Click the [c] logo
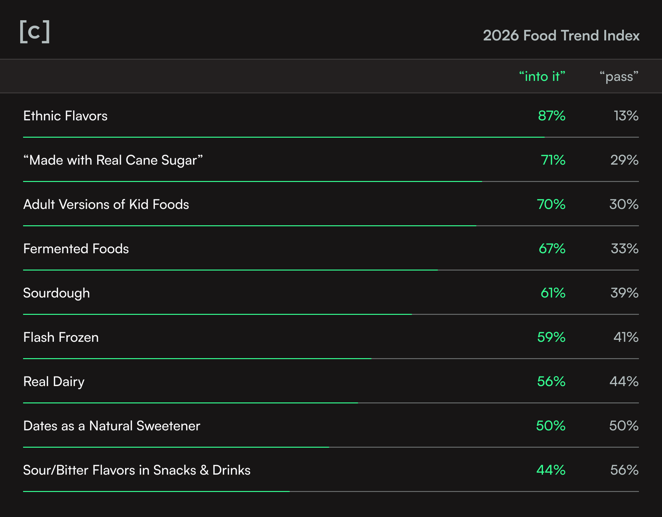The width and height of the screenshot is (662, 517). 35,31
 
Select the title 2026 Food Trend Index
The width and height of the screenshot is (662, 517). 561,35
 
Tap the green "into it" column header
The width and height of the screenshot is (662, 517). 542,76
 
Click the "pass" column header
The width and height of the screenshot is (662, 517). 619,76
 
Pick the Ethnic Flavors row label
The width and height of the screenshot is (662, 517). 65,116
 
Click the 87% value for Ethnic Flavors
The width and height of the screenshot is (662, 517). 551,116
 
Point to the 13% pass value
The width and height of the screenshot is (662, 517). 626,116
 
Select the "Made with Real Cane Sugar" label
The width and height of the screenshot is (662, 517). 113,160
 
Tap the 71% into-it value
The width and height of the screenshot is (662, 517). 553,160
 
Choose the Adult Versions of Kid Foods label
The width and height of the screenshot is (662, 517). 106,204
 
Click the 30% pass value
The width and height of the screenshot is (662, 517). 624,204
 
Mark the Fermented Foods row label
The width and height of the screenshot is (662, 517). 76,249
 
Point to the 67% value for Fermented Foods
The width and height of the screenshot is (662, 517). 552,249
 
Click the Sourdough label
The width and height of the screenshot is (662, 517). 56,293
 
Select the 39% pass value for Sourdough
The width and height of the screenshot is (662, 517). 624,293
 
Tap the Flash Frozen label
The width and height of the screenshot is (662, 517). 61,337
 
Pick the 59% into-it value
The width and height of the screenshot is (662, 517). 551,337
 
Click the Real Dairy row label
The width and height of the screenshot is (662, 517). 54,382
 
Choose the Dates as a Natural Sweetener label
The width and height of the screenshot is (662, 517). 112,426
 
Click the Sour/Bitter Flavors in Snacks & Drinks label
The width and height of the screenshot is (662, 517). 137,470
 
